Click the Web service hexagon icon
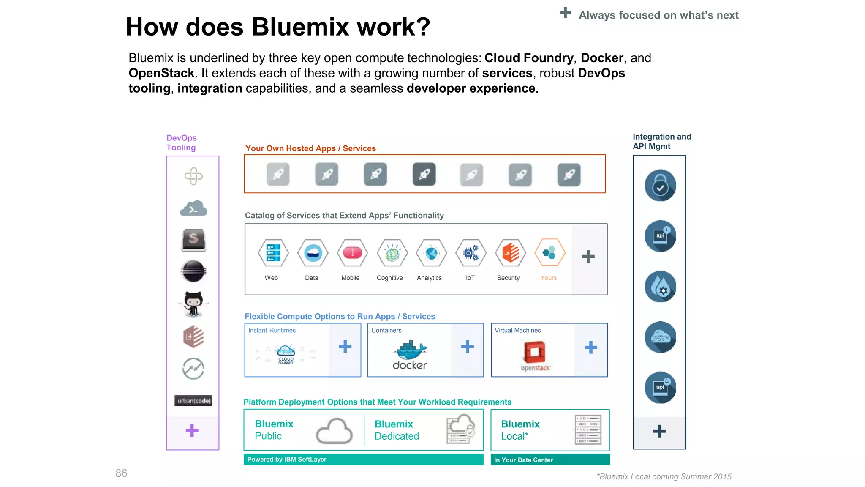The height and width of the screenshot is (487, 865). click(x=273, y=253)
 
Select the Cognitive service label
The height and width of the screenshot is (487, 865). click(x=389, y=278)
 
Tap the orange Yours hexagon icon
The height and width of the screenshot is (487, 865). click(x=549, y=253)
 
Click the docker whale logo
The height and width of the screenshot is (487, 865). click(x=410, y=350)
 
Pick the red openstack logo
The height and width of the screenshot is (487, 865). click(x=535, y=352)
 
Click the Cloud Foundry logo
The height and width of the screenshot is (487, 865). click(x=286, y=354)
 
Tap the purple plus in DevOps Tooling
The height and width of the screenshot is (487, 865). click(x=192, y=430)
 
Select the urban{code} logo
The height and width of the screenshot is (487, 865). click(x=193, y=401)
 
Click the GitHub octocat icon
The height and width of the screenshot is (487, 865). click(x=193, y=304)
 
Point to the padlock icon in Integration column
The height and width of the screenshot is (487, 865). click(x=660, y=186)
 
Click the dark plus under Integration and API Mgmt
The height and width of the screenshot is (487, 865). click(x=659, y=431)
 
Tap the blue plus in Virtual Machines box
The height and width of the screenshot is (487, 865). click(x=590, y=347)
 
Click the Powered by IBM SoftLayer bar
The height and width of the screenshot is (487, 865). click(x=363, y=460)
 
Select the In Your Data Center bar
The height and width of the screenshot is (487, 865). click(x=550, y=460)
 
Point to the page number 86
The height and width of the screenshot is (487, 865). click(x=121, y=473)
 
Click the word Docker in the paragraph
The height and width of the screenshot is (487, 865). click(x=602, y=58)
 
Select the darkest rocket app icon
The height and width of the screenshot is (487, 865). click(x=424, y=174)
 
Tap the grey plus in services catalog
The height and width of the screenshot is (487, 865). click(x=588, y=257)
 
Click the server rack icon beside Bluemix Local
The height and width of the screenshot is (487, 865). click(x=588, y=430)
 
